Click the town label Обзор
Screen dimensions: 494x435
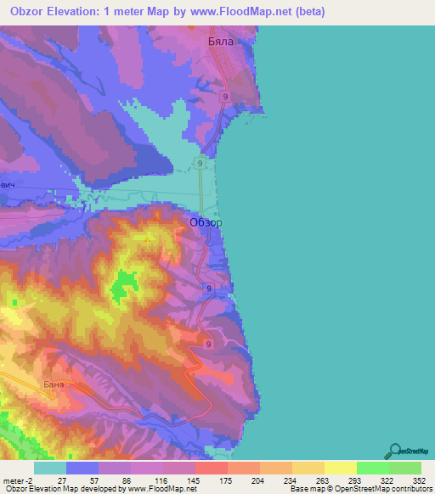pos(206,222)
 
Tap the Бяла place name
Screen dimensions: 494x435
pos(219,40)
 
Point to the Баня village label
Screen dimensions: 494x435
pos(52,384)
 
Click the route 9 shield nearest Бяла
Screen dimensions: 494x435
pos(225,97)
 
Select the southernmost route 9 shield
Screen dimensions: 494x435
pos(207,343)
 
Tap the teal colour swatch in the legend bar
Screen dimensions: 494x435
pos(50,468)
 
